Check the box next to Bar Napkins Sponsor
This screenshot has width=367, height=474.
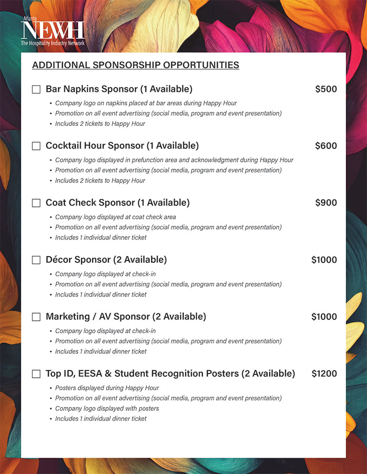(36, 90)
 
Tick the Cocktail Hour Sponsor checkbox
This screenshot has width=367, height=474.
(36, 146)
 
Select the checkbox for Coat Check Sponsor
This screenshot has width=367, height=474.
(36, 203)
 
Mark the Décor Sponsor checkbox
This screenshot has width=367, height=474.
(36, 260)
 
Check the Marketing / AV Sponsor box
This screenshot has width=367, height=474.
(36, 317)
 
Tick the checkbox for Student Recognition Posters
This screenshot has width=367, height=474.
(36, 374)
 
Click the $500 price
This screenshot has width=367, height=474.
(326, 89)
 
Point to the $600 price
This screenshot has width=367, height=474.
(326, 146)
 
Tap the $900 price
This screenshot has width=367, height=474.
(326, 203)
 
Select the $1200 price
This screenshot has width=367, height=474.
(324, 374)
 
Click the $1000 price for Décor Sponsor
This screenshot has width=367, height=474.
(324, 260)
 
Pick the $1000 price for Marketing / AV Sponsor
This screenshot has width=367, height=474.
(324, 317)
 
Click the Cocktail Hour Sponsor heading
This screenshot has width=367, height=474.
(122, 146)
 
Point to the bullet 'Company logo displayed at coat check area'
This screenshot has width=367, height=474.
(115, 217)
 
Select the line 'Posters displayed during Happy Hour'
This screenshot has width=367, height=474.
(107, 388)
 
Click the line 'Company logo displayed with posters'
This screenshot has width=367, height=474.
(107, 408)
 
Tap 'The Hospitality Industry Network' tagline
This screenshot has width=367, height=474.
(53, 43)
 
